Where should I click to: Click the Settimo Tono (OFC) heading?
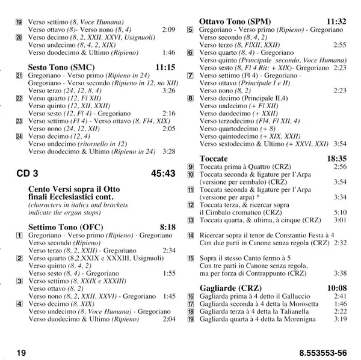coord(64,227)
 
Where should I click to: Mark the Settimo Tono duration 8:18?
coord(167,227)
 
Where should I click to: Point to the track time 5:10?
coord(341,212)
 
